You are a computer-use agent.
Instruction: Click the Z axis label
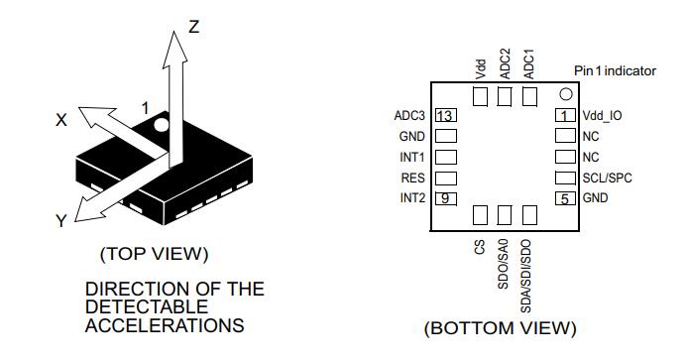click(x=194, y=27)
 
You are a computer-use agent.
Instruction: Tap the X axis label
click(x=61, y=120)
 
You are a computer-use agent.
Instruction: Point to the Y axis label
click(x=61, y=221)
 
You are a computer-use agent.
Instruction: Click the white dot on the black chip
click(x=162, y=125)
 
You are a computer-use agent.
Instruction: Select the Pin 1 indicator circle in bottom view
click(x=566, y=94)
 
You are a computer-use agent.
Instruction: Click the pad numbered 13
click(x=446, y=115)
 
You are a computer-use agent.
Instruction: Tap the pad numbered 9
click(x=446, y=198)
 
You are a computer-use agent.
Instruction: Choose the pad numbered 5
click(x=565, y=198)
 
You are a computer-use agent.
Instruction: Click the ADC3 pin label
click(x=409, y=115)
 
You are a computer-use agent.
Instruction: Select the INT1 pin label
click(x=412, y=157)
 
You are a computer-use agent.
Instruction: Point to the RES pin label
click(x=412, y=178)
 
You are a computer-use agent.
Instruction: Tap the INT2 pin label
click(x=412, y=198)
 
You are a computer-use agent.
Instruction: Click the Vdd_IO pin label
click(x=602, y=116)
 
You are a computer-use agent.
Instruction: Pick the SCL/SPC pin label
click(x=608, y=178)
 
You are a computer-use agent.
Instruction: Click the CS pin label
click(x=480, y=247)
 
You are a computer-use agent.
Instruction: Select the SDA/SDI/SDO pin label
click(x=526, y=276)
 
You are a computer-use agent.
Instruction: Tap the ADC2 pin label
click(x=505, y=63)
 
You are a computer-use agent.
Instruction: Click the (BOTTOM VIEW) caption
click(x=501, y=328)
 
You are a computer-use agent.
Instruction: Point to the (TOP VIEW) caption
click(x=155, y=254)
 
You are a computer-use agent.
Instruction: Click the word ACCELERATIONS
click(x=165, y=325)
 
